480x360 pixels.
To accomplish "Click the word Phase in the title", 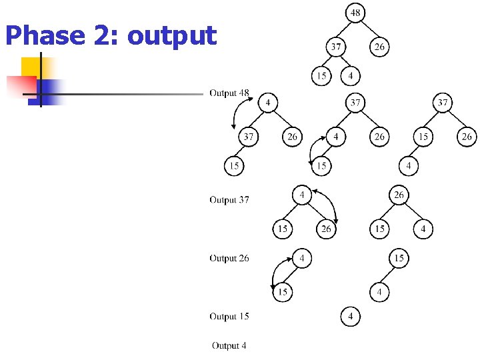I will click(x=44, y=35).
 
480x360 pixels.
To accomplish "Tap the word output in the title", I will click(x=172, y=36).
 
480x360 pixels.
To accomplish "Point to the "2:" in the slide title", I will click(x=106, y=35).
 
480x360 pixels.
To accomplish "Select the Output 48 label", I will click(x=229, y=93).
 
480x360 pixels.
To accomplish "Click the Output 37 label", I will click(x=229, y=200).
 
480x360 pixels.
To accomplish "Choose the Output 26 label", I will click(x=229, y=259).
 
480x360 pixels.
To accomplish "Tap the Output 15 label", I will click(x=229, y=317).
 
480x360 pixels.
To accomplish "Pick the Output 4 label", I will click(x=229, y=345).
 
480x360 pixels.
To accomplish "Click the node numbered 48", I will click(x=355, y=13).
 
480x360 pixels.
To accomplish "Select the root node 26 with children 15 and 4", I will click(x=399, y=195).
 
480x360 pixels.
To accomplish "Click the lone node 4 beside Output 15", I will click(x=351, y=317).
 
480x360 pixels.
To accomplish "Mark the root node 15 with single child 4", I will click(x=399, y=258).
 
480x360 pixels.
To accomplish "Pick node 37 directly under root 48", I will click(x=335, y=47).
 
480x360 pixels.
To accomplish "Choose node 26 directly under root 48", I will click(x=379, y=47).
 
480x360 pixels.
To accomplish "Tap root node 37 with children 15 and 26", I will click(x=443, y=103).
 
